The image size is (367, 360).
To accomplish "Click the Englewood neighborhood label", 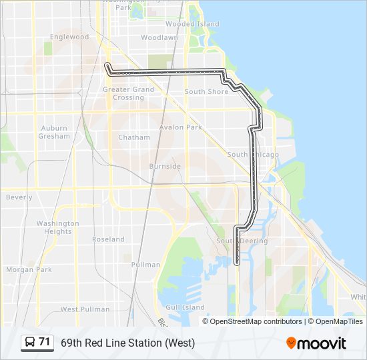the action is (69, 37).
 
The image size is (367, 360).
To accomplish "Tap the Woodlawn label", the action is (159, 38).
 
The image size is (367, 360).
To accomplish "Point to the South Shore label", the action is (206, 92).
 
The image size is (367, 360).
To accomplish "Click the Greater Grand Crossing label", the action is (128, 93).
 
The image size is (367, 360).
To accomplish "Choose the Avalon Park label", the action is (180, 127).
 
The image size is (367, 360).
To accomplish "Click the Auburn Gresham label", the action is (55, 132).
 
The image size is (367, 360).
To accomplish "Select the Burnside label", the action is (165, 166).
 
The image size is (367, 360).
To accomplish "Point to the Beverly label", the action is (19, 197).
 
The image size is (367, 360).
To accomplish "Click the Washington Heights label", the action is (57, 227).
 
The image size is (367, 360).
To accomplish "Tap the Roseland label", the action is (108, 239).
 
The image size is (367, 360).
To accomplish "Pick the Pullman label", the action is (145, 265).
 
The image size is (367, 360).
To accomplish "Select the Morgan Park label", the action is (29, 270).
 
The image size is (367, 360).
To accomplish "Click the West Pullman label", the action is (85, 309).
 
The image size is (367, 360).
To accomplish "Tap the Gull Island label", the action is (185, 307).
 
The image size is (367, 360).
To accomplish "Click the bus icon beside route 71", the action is (30, 343).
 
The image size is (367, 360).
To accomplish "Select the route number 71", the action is (45, 342).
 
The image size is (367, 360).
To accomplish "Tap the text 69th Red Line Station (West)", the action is (128, 343).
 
